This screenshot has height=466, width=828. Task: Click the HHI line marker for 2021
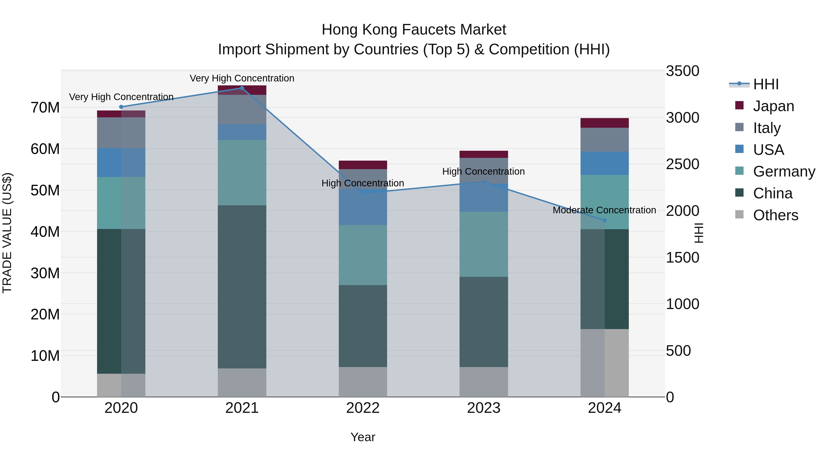pyautogui.click(x=242, y=88)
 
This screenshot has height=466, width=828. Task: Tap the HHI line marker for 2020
pyautogui.click(x=121, y=107)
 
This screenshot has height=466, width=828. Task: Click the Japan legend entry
pyautogui.click(x=773, y=106)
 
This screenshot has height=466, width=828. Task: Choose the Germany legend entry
pyautogui.click(x=784, y=171)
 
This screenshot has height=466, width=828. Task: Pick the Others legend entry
pyautogui.click(x=775, y=215)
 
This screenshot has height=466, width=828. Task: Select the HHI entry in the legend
pyautogui.click(x=765, y=84)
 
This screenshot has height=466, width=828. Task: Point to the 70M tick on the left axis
pyautogui.click(x=45, y=107)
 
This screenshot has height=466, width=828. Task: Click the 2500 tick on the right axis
pyautogui.click(x=682, y=164)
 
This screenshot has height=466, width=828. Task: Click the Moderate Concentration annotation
pyautogui.click(x=604, y=210)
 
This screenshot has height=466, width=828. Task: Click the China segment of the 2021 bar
pyautogui.click(x=242, y=286)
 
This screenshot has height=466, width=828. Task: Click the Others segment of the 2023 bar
pyautogui.click(x=483, y=382)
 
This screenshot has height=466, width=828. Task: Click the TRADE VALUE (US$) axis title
pyautogui.click(x=7, y=233)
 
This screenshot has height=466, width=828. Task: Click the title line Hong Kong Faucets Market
pyautogui.click(x=414, y=30)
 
